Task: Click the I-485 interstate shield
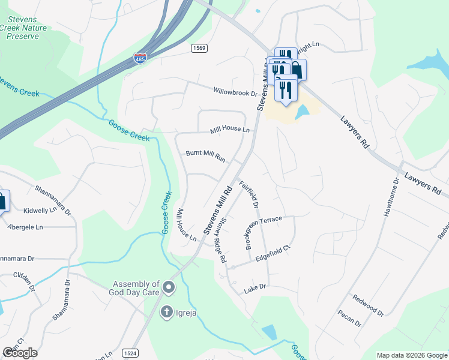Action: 140,59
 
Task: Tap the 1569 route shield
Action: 199,47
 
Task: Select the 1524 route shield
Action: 130,353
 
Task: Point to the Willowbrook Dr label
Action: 235,92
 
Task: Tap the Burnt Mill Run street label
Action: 205,156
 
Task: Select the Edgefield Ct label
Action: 273,256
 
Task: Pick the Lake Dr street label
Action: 255,290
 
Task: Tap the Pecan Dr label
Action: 349,318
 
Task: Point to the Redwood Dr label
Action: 368,305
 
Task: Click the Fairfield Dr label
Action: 249,194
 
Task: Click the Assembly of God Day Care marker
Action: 169,288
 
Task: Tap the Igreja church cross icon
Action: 167,312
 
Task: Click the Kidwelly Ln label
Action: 47,212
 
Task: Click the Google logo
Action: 20,353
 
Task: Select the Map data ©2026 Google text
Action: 411,355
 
